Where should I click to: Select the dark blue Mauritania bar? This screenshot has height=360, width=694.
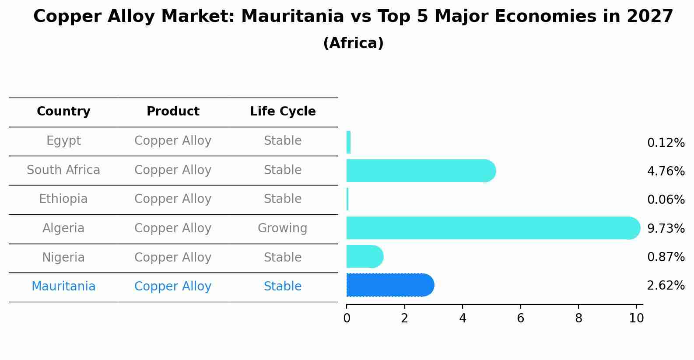389,285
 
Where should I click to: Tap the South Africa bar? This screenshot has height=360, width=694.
420,171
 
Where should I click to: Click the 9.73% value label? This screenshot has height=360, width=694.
666,228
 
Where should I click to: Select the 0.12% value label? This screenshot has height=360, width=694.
666,143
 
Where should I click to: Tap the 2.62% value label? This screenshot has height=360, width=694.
666,286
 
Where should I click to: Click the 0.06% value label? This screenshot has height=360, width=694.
666,200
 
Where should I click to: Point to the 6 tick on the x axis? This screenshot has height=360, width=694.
520,318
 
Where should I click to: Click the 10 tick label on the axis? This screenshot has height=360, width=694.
636,318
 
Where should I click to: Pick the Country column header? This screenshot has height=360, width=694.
63,112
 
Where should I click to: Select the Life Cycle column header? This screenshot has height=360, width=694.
283,112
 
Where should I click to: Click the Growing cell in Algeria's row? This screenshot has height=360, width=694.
282,228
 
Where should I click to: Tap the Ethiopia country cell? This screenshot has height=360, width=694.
63,199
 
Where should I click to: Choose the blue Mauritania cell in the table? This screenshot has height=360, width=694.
63,287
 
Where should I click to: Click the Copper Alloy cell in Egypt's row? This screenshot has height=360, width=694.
173,141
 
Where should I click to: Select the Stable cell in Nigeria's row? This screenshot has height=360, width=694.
282,257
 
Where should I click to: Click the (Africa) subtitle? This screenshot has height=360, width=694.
353,43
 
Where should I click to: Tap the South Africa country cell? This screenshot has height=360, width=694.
63,170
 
